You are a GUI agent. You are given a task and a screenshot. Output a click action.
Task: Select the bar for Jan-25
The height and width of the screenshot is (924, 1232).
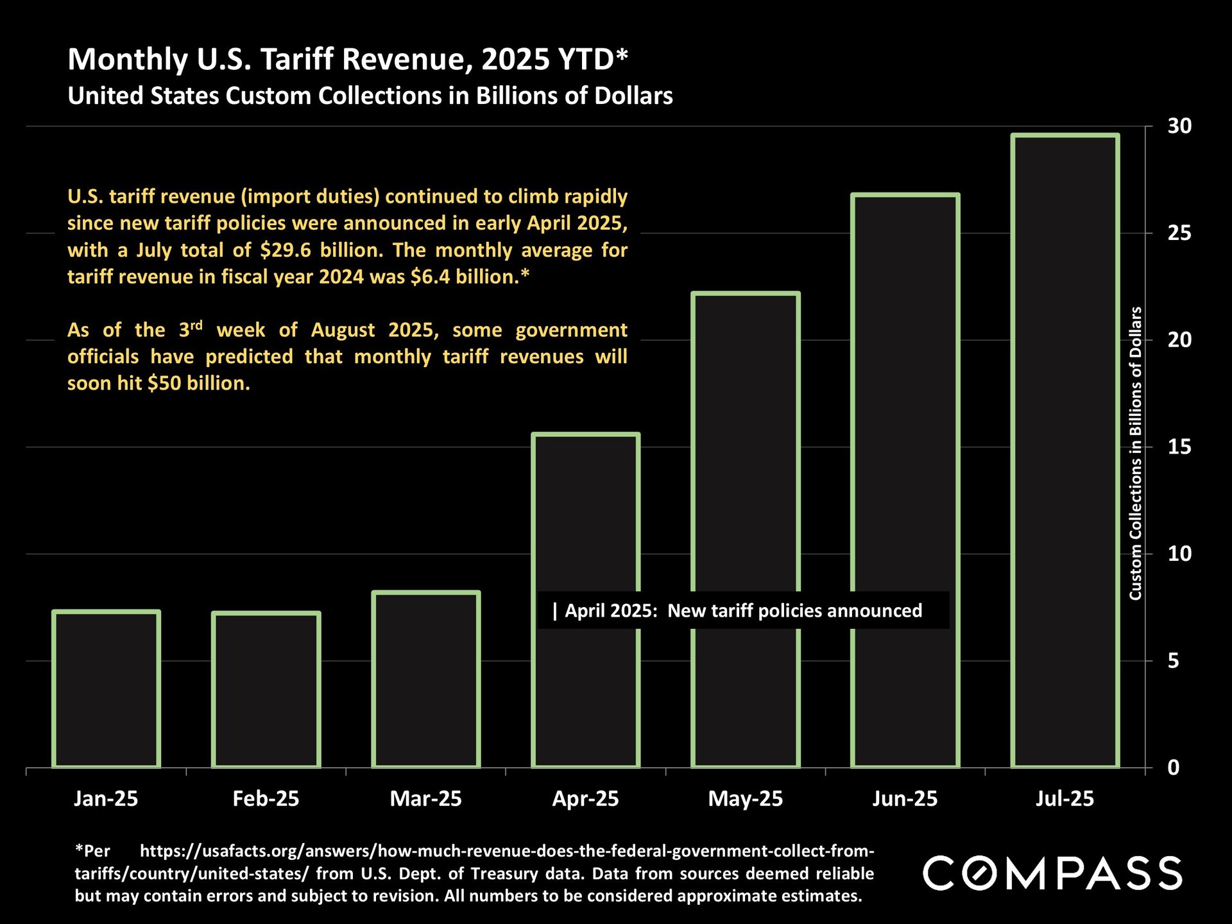(x=106, y=690)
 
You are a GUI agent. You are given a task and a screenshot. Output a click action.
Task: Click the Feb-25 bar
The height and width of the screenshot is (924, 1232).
(x=266, y=690)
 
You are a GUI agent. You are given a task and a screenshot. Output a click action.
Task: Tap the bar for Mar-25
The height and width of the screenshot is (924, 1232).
(x=426, y=680)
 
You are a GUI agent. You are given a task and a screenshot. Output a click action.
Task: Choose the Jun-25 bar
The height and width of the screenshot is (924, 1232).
(x=905, y=481)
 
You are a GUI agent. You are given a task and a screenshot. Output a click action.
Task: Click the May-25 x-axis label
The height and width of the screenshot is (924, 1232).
(x=746, y=799)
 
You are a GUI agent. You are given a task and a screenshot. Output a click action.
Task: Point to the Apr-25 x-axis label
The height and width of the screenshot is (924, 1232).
(x=585, y=799)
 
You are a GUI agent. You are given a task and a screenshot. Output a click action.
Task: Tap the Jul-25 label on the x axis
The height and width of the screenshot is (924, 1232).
(x=1065, y=799)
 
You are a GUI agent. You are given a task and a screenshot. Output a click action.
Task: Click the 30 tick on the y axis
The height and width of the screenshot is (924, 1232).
(x=1179, y=126)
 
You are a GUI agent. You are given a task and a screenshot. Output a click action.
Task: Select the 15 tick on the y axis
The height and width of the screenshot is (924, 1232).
(x=1179, y=447)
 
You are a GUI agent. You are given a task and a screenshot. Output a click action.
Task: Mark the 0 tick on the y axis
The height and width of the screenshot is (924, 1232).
(x=1174, y=767)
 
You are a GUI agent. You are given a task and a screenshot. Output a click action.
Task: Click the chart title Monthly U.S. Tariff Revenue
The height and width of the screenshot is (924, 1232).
(x=347, y=60)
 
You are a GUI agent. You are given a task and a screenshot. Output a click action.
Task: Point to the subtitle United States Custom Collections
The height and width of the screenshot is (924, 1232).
(x=370, y=96)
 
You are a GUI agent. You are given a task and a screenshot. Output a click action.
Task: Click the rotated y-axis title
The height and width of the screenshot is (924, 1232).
(x=1136, y=453)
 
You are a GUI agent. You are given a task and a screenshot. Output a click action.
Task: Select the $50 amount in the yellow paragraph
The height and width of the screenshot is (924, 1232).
(x=164, y=384)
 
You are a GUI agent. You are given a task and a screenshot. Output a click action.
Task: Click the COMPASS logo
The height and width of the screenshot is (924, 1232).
(x=1052, y=873)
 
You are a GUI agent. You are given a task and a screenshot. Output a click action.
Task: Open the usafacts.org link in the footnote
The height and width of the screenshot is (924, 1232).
(x=507, y=851)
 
